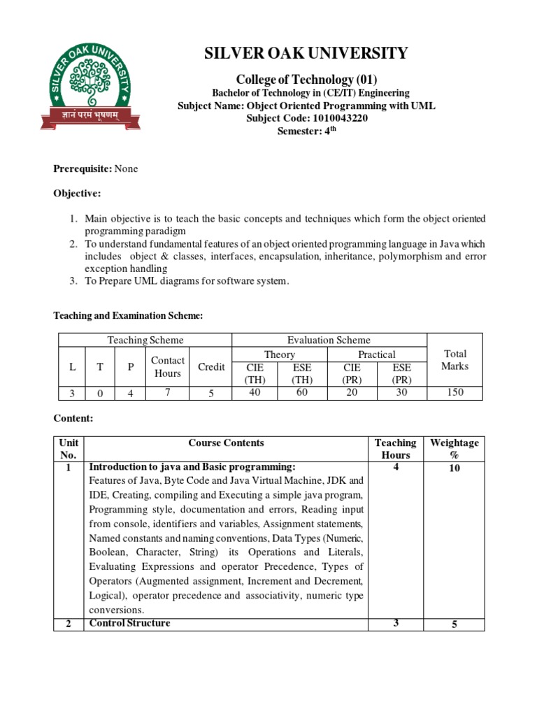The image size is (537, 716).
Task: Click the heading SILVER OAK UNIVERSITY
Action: pyautogui.click(x=306, y=53)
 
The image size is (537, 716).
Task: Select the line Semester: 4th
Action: pyautogui.click(x=306, y=130)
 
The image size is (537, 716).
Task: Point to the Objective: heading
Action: pyautogui.click(x=77, y=193)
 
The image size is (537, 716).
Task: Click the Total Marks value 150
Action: pyautogui.click(x=455, y=393)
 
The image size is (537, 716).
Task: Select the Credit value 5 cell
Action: pyautogui.click(x=211, y=393)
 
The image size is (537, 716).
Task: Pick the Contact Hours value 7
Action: pyautogui.click(x=167, y=392)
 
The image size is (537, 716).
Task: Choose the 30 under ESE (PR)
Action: pyautogui.click(x=401, y=392)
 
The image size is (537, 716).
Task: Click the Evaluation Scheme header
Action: pyautogui.click(x=329, y=340)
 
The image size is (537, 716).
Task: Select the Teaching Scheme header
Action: pyautogui.click(x=145, y=340)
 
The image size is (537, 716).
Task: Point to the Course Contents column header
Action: pyautogui.click(x=226, y=443)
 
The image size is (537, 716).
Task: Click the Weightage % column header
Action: pyautogui.click(x=454, y=448)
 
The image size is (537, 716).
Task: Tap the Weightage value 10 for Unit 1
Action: pyautogui.click(x=454, y=468)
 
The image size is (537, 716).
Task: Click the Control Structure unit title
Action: pyautogui.click(x=129, y=623)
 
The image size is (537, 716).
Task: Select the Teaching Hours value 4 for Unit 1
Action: pyautogui.click(x=396, y=467)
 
